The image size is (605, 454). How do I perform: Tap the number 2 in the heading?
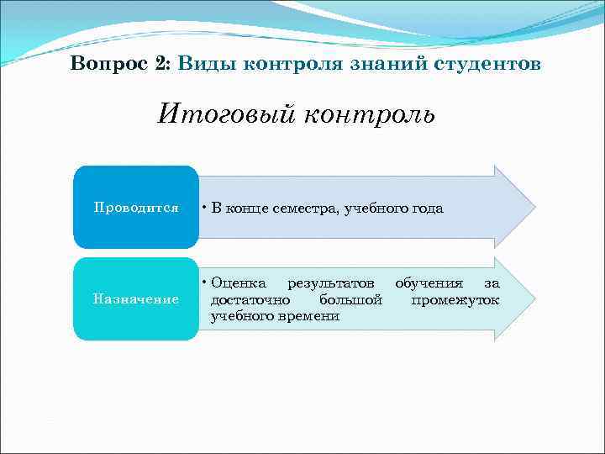(161, 64)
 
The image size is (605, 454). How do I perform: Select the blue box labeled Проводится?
(136, 208)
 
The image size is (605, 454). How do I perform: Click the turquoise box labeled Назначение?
(136, 299)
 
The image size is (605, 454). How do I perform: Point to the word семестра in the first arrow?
(310, 209)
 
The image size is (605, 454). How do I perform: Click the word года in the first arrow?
(425, 209)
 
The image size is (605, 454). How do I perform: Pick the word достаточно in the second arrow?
(250, 299)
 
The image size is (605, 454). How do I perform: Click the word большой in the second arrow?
(351, 299)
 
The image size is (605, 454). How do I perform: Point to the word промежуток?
(455, 299)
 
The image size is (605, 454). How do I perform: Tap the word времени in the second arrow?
(310, 316)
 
